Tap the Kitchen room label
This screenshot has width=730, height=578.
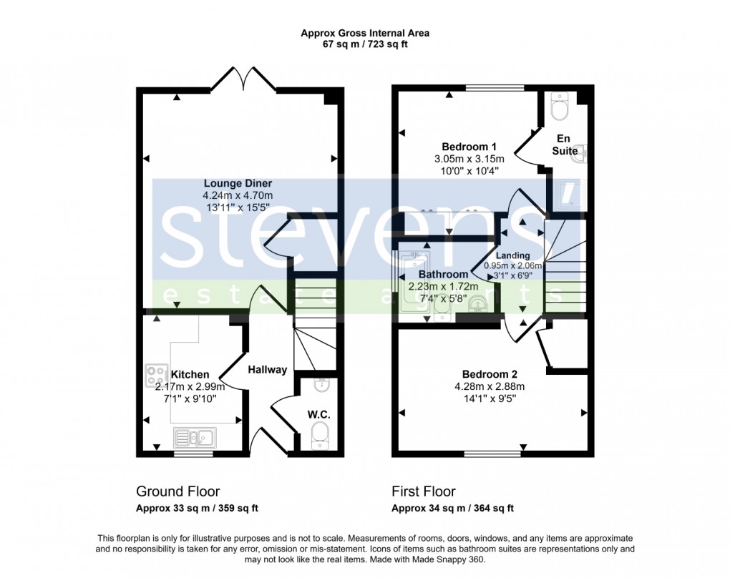tap(190, 374)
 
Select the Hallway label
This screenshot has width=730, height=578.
tap(268, 370)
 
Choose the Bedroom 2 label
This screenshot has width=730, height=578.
tap(489, 374)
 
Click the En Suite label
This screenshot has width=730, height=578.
tap(565, 145)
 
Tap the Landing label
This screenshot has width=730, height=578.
tap(513, 255)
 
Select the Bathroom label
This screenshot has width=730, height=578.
tap(443, 274)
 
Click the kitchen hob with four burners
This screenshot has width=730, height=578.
tap(156, 375)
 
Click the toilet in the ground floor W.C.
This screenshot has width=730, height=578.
tap(320, 433)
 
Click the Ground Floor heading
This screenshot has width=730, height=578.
tap(177, 491)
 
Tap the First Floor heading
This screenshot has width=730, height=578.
tap(423, 491)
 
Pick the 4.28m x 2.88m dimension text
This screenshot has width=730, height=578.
tap(489, 386)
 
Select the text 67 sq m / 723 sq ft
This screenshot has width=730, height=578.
tap(365, 44)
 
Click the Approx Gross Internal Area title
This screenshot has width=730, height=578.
tap(365, 33)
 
